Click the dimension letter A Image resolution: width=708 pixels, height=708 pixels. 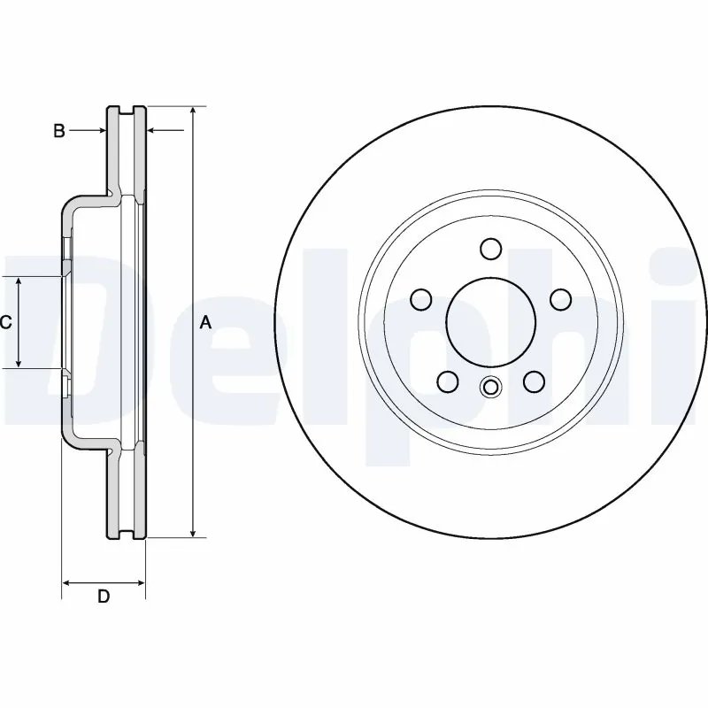pyautogui.click(x=205, y=323)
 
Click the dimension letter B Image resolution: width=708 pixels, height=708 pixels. pyautogui.click(x=58, y=131)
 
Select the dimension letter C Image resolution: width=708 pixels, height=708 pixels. pyautogui.click(x=5, y=323)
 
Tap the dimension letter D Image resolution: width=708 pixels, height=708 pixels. pyautogui.click(x=104, y=596)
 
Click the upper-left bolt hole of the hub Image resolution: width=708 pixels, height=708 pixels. pyautogui.click(x=421, y=300)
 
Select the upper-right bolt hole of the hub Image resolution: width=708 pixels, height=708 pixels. pyautogui.click(x=560, y=300)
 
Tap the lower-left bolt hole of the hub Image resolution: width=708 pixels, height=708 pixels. pyautogui.click(x=448, y=381)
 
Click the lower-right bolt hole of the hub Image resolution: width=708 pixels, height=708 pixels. pyautogui.click(x=534, y=381)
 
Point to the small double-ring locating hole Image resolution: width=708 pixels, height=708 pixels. pyautogui.click(x=490, y=386)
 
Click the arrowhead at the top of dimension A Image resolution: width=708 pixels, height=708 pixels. pyautogui.click(x=192, y=112)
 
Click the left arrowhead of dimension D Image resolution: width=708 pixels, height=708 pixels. pyautogui.click(x=67, y=582)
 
